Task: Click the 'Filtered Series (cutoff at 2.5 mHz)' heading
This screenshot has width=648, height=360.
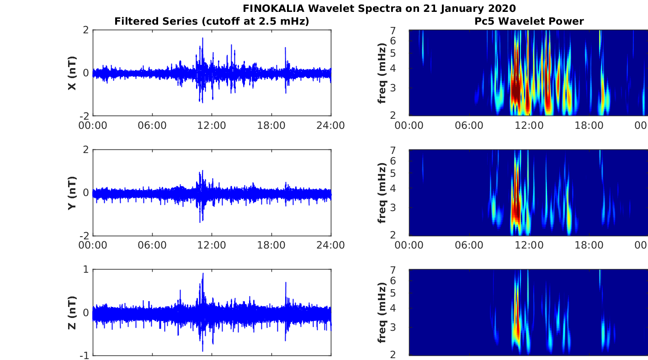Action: [212, 21]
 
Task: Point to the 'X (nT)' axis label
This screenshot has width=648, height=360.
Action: [72, 73]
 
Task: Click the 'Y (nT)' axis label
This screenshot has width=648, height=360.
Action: [72, 193]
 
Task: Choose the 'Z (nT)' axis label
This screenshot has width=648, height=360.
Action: [72, 312]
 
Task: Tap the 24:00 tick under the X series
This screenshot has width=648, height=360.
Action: [330, 125]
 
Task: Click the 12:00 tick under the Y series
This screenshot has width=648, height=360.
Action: [212, 245]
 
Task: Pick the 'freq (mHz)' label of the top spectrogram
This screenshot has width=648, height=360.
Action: [382, 73]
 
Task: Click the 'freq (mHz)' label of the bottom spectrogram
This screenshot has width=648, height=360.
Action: [382, 312]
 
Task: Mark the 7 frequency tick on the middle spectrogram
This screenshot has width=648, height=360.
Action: [404, 150]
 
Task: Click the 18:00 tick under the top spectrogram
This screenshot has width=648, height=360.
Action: [589, 125]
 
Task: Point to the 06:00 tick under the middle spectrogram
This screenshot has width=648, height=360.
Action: [469, 245]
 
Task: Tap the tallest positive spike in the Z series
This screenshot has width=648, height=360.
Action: [203, 274]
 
